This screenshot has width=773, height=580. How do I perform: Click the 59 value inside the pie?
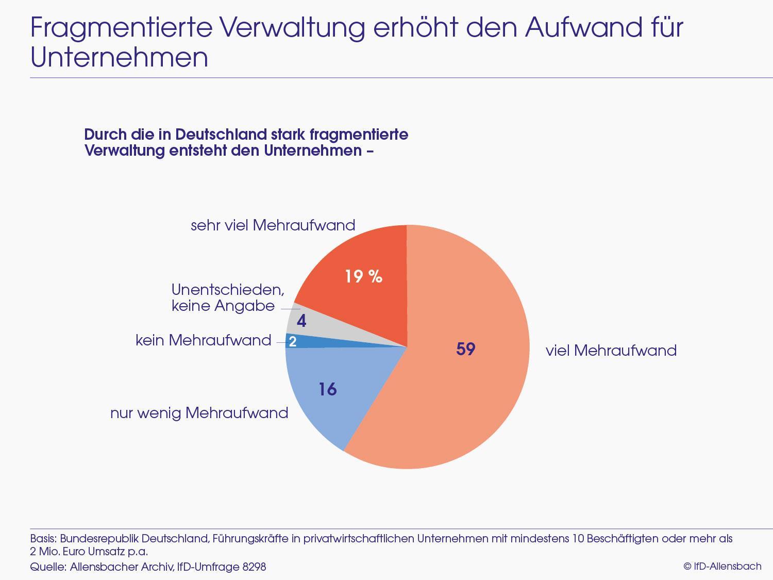[x=465, y=350]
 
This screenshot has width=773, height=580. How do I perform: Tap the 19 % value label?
[x=363, y=277]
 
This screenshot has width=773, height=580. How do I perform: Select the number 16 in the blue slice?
[x=327, y=389]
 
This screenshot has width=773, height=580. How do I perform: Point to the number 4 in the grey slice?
[x=301, y=322]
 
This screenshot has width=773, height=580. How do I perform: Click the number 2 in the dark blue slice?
[x=292, y=341]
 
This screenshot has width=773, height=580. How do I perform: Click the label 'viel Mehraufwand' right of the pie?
[x=611, y=351]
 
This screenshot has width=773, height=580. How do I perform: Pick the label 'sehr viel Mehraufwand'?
[x=273, y=225]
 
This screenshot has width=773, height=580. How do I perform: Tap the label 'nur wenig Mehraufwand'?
[x=199, y=413]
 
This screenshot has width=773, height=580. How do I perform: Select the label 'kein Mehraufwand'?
[x=203, y=340]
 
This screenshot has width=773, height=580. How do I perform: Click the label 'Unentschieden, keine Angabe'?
[x=227, y=297]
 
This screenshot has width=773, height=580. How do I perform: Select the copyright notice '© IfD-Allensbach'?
[x=722, y=566]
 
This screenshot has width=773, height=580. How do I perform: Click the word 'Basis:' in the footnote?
[x=43, y=539]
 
